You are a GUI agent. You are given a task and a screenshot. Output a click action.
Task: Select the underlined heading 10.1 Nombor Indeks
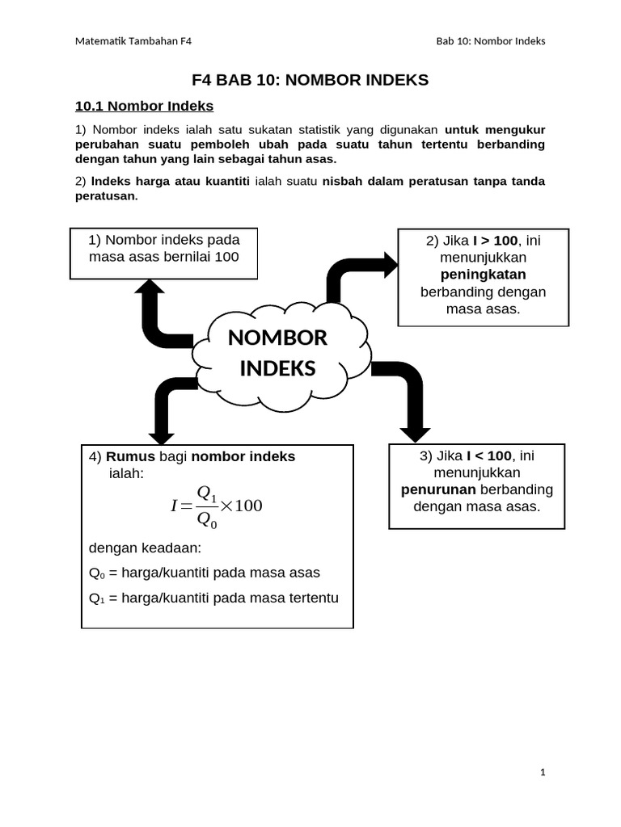click(x=144, y=106)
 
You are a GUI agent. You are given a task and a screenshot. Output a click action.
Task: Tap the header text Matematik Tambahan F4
click(x=133, y=41)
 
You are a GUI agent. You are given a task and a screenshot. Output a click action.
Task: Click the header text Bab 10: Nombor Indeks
click(x=490, y=41)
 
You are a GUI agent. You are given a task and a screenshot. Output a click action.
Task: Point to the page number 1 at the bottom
click(x=543, y=773)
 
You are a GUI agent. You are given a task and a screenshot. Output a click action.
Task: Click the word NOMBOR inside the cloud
click(x=277, y=338)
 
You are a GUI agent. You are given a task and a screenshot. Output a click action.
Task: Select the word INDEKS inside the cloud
click(x=277, y=368)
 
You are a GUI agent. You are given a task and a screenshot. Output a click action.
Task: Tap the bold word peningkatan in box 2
click(x=483, y=275)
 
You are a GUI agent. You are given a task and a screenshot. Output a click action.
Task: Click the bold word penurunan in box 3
click(x=439, y=489)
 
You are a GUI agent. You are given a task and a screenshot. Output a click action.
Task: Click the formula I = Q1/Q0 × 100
click(x=217, y=506)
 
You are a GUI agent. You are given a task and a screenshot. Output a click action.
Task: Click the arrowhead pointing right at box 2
click(x=390, y=264)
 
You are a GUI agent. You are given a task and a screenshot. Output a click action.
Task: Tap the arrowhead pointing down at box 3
click(x=415, y=430)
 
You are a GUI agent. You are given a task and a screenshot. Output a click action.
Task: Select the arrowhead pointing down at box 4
click(x=162, y=434)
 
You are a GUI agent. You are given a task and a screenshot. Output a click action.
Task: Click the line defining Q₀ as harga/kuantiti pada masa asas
click(x=205, y=573)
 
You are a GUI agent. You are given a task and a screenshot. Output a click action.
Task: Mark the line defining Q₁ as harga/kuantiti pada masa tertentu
click(x=213, y=598)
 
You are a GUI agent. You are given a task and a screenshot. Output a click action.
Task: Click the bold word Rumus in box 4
click(x=130, y=456)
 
